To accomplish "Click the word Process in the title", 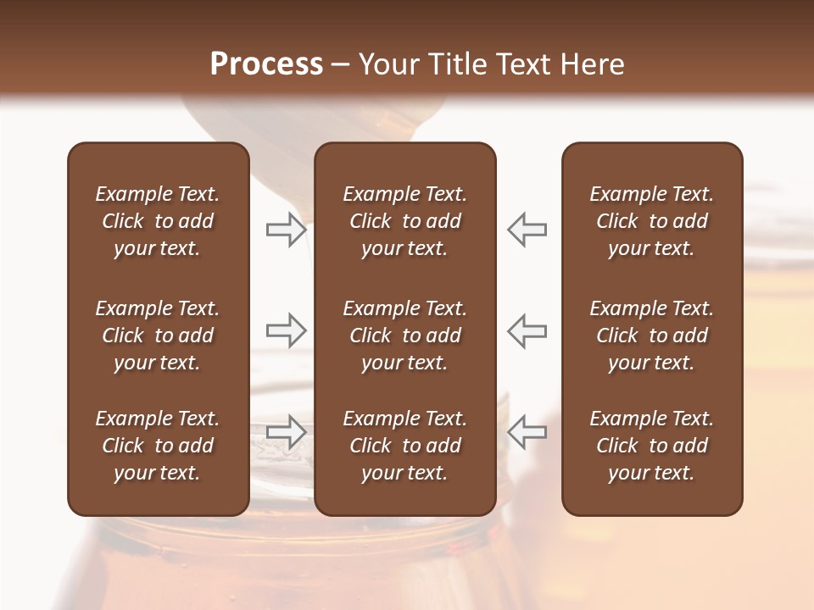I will [266, 64].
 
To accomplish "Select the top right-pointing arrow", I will [287, 229].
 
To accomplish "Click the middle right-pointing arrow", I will [287, 330].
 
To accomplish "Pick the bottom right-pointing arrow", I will [287, 431].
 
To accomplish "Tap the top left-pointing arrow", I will [527, 229].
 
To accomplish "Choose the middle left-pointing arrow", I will [527, 330].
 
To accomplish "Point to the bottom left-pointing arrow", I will [527, 431].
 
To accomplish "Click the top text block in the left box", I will [158, 221].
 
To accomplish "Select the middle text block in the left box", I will [158, 335].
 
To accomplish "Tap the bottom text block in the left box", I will [158, 446].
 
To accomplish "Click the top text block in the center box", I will [404, 221].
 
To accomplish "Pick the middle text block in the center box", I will [404, 335].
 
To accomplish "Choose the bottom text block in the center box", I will [404, 446].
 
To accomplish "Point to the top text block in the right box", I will [652, 221].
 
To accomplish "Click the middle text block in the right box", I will [652, 335].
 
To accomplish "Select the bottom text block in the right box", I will [652, 446].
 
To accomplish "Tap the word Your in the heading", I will [386, 64].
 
